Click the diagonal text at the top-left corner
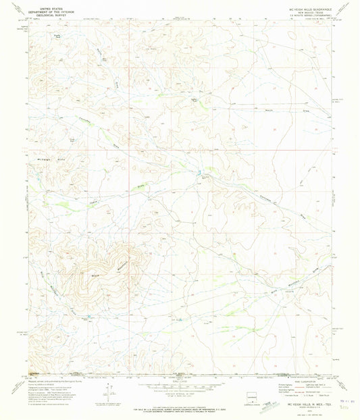tap(9, 9)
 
